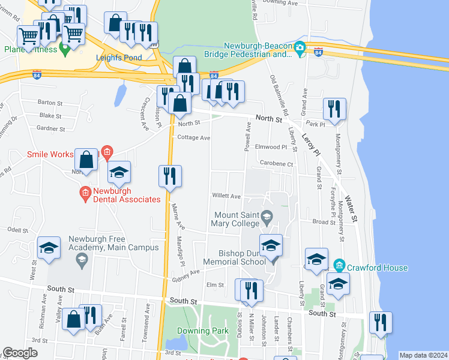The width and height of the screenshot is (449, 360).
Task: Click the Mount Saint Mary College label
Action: tap(237, 219)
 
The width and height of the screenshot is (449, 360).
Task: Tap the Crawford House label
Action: tap(371, 268)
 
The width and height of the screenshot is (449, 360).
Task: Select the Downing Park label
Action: tap(202, 331)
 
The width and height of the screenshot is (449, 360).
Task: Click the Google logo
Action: tap(20, 353)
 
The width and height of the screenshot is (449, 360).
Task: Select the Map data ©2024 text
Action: tap(423, 355)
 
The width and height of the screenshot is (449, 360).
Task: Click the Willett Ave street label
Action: tap(226, 196)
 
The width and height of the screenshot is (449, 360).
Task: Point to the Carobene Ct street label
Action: tap(276, 163)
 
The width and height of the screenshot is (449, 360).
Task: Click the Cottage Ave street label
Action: tap(193, 137)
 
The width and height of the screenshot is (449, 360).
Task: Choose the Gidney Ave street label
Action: tap(185, 274)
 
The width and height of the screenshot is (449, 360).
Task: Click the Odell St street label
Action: tap(18, 230)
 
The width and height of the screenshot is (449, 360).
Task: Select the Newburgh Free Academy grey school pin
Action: tap(80, 260)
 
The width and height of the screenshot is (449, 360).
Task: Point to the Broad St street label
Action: tap(324, 221)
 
